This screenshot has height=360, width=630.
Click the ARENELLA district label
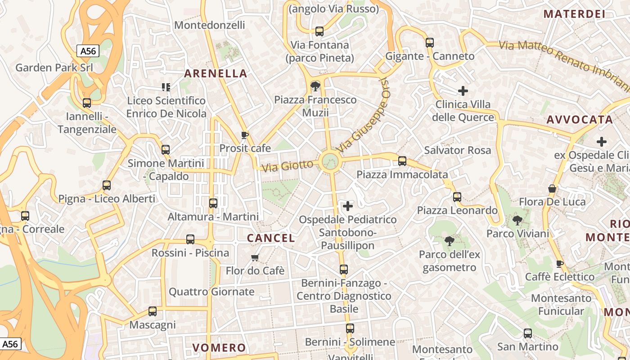tap(216, 73)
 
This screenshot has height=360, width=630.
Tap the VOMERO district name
tap(219, 347)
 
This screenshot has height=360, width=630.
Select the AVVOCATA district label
tap(580, 120)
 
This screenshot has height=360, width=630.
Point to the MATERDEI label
tap(574, 14)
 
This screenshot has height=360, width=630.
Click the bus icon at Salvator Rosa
tap(402, 161)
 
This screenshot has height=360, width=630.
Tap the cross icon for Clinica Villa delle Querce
tap(463, 91)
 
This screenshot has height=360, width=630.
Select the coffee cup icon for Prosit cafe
tap(245, 135)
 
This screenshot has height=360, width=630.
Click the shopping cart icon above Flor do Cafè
tap(255, 258)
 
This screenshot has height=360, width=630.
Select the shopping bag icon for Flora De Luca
tap(552, 189)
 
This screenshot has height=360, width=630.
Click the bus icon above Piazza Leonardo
tap(457, 197)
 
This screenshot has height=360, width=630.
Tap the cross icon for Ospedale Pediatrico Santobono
tap(348, 206)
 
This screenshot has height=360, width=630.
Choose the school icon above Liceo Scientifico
tap(166, 87)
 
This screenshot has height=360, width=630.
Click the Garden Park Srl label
tap(54, 67)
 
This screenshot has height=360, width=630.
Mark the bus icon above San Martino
tap(527, 333)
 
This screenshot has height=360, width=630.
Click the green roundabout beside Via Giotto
tap(330, 161)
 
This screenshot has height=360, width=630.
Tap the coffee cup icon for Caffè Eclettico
tap(560, 264)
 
